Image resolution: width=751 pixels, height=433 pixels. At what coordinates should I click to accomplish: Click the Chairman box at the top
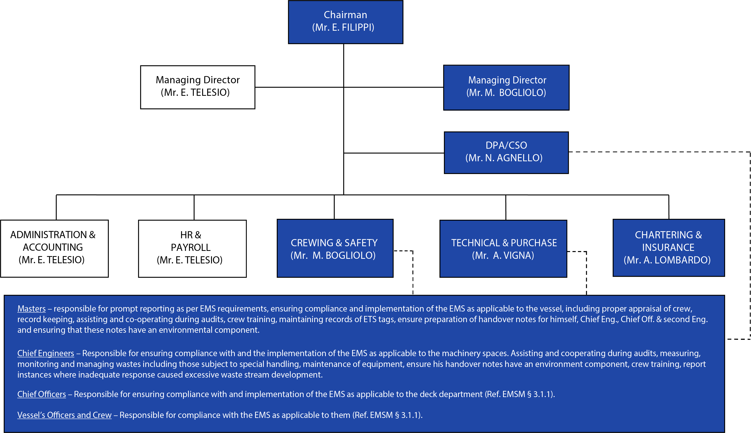tap(345, 22)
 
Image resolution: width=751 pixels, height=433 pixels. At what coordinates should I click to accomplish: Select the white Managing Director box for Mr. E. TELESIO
tap(198, 87)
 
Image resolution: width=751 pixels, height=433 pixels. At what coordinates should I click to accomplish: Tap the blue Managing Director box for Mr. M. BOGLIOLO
tap(506, 87)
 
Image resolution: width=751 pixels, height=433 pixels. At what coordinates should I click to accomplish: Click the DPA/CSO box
tap(506, 153)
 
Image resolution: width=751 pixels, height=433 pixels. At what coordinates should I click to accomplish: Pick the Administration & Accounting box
tap(54, 248)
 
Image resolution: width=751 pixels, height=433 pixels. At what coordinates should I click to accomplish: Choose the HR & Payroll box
tap(192, 249)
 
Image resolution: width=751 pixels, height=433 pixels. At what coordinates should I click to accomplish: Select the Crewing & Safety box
tap(335, 248)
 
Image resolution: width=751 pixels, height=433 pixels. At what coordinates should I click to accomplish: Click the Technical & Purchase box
tap(503, 249)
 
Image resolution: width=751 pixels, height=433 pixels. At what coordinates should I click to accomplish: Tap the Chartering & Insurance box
tap(669, 248)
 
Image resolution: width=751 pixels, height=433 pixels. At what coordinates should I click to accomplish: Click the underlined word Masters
tap(32, 309)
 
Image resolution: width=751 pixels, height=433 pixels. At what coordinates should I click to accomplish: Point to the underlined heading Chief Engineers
tap(46, 353)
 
